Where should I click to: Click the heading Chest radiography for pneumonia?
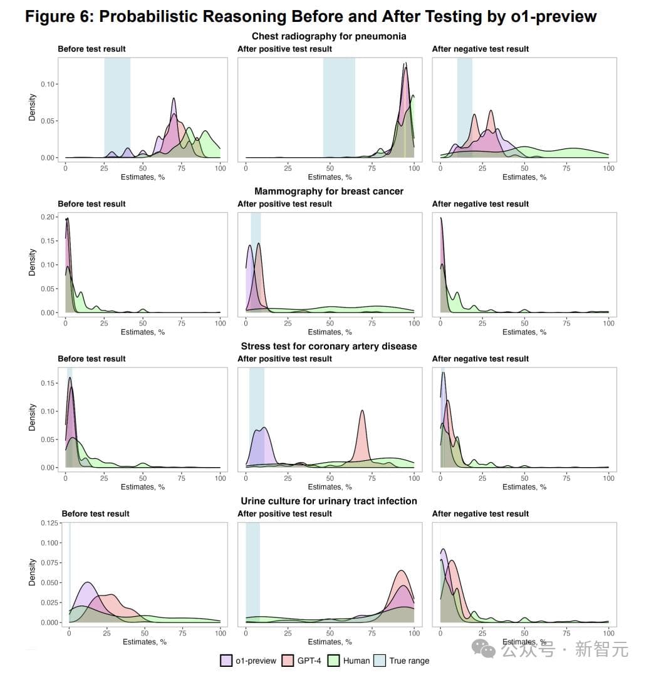329,36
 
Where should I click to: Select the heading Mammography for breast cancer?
329,191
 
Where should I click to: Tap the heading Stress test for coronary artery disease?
329,346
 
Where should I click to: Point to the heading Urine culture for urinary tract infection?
329,501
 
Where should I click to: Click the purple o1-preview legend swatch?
226,660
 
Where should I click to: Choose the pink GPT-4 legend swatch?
288,660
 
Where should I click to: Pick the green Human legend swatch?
335,660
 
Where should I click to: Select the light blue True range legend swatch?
380,660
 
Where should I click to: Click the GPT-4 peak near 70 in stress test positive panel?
362,413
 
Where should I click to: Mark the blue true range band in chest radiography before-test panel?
117,106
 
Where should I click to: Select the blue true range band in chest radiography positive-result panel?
339,106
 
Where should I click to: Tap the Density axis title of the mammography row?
32,263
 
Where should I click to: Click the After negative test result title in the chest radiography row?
480,49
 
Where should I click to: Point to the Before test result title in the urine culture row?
95,513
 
